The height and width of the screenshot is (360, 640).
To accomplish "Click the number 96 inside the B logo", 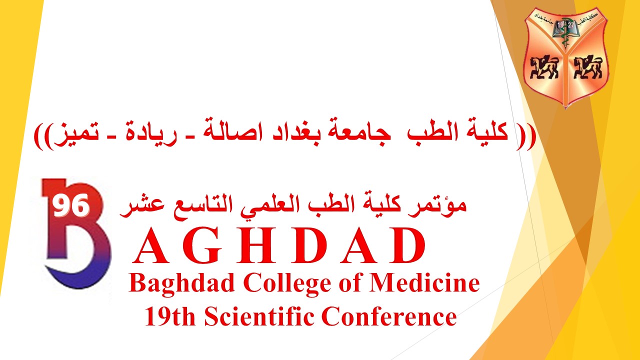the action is coord(71,205).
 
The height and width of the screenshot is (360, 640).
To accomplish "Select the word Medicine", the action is coord(424,283).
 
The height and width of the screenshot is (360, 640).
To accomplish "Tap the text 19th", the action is coord(170,316).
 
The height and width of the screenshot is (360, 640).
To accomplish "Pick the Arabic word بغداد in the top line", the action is coord(295,133).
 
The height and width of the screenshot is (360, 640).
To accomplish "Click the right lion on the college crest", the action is coord(587,67).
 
